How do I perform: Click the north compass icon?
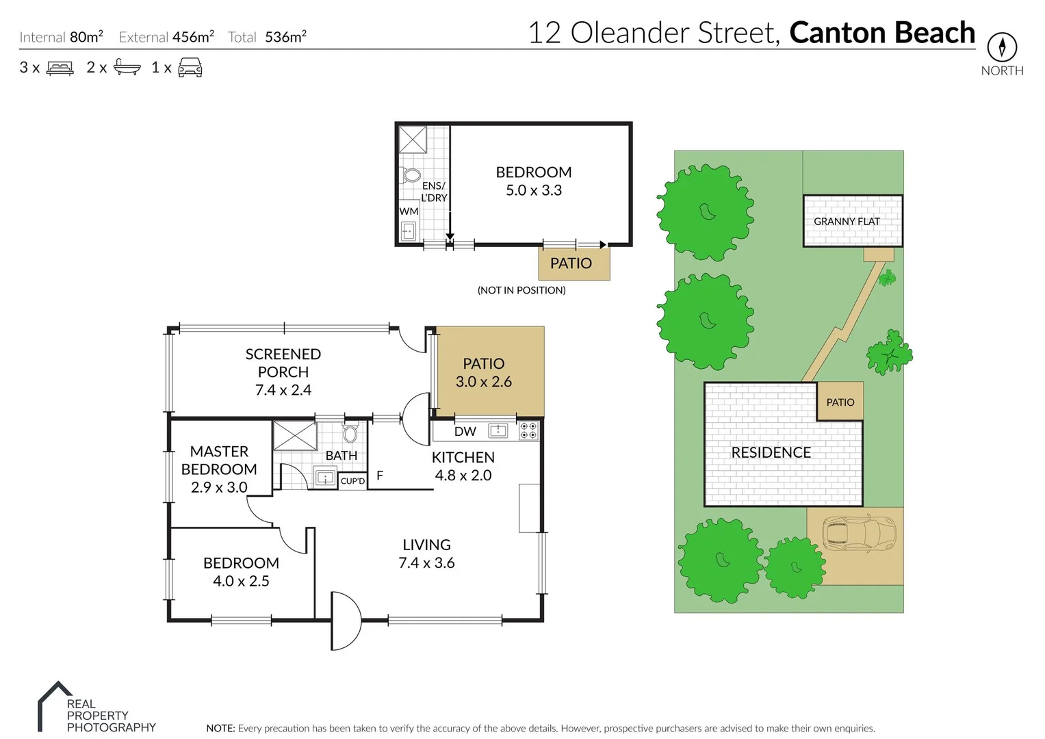[1002, 47]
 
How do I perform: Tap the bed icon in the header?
[60, 68]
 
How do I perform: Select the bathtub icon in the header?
[127, 67]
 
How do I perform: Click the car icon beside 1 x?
[190, 67]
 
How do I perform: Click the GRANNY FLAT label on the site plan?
[847, 221]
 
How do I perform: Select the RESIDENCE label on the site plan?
[771, 452]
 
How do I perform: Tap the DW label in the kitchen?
[465, 431]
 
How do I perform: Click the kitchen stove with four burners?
[528, 430]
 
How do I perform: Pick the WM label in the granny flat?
[409, 211]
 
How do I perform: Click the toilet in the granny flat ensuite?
[412, 175]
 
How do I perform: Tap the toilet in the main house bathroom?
[350, 434]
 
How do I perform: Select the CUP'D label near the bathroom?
[352, 481]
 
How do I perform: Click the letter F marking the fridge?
[380, 476]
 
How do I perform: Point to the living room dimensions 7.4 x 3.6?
[426, 562]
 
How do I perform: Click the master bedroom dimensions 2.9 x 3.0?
[219, 487]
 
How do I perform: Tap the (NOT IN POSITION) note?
[521, 290]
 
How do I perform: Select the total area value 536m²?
[285, 37]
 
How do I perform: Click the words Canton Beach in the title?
[881, 33]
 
